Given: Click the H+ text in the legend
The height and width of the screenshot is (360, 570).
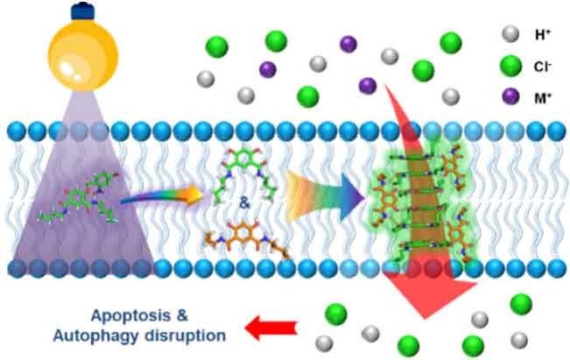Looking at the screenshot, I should pos(541,35).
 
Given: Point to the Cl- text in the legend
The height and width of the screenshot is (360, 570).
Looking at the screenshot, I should pos(542,64).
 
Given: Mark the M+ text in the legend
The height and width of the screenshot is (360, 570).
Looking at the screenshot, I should pos(542,94).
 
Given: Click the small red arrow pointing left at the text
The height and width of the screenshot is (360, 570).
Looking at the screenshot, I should pos(270,329).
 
